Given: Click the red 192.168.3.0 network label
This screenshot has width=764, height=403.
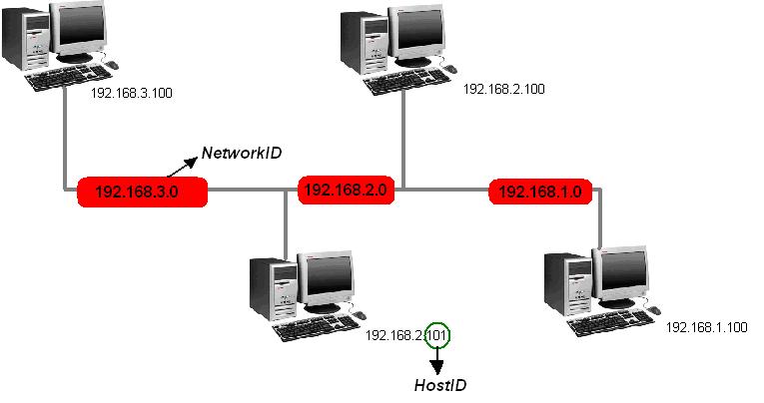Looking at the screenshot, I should click(x=142, y=192).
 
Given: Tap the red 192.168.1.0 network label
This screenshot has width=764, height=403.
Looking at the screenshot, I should click(x=539, y=190).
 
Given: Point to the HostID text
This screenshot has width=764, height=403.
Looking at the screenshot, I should click(x=440, y=385).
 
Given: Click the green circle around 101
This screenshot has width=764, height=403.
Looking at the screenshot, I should click(x=437, y=335).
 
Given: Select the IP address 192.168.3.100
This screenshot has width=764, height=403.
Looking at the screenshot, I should click(x=131, y=93).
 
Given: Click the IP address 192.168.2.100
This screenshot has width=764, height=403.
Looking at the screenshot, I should click(x=504, y=89).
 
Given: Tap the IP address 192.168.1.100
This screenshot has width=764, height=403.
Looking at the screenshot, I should click(x=705, y=326).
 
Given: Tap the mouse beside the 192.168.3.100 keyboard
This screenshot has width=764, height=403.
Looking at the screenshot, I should click(x=111, y=65).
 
